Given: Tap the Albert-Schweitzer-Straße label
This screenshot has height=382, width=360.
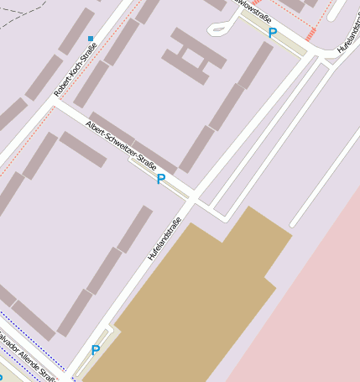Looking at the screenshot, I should click(x=121, y=144).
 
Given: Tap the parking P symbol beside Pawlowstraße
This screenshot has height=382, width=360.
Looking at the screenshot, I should click(x=272, y=33).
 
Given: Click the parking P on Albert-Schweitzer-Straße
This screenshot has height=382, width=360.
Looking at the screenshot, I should click(x=160, y=179).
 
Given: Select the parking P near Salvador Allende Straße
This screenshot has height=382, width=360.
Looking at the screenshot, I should click(x=96, y=351).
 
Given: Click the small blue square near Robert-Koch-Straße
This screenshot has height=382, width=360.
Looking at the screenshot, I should click(x=91, y=38).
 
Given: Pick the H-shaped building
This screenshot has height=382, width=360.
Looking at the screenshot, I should click(x=194, y=55).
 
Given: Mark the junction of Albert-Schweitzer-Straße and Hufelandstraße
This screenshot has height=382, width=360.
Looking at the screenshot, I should click(x=192, y=199).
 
